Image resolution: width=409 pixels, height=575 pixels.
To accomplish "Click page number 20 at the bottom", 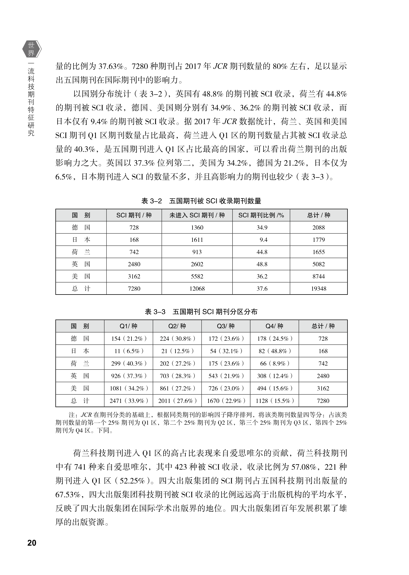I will (x=32, y=542).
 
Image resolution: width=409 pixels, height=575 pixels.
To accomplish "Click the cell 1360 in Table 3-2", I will (x=197, y=228).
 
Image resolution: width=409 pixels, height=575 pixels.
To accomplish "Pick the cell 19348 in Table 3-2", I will (x=319, y=288).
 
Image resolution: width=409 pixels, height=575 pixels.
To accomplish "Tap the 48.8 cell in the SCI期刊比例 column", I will (x=262, y=264).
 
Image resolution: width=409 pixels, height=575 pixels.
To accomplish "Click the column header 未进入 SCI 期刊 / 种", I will (x=197, y=215).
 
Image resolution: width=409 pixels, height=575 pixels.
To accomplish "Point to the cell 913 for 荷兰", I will (x=197, y=252).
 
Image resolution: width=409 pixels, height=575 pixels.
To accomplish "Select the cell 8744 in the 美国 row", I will (x=319, y=276).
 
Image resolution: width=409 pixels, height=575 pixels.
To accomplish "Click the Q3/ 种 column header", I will (x=226, y=326).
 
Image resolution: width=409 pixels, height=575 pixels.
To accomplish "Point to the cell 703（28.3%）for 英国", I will (x=177, y=376).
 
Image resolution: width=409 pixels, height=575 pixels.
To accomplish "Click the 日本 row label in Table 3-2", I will (x=81, y=240).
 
